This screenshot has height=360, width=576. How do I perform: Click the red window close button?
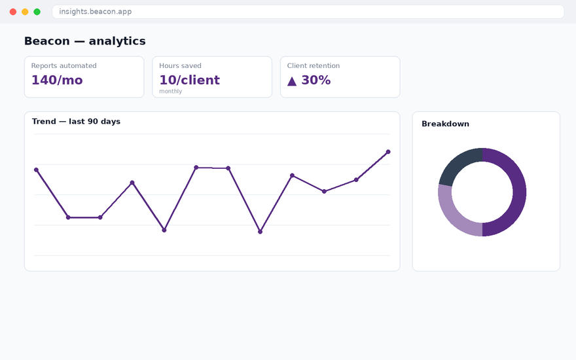(13, 12)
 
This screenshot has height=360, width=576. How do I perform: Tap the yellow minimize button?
(25, 12)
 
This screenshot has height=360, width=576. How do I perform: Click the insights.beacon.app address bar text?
(96, 12)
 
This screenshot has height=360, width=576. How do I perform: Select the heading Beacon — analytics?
(85, 41)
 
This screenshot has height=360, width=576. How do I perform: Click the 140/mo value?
(57, 80)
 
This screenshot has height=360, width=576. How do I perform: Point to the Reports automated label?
(64, 65)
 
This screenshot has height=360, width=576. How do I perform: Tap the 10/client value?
(190, 80)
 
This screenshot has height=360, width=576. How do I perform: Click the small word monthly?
(170, 91)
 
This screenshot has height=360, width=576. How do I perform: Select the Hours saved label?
(180, 65)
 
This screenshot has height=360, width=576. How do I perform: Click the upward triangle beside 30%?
(292, 81)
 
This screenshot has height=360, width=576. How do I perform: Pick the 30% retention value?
(316, 80)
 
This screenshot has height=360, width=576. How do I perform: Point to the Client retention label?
(314, 65)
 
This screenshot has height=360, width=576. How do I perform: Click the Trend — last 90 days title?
(76, 122)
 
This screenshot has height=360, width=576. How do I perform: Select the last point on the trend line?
(388, 152)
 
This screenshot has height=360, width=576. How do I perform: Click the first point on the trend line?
(36, 170)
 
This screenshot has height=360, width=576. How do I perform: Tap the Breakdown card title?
(445, 124)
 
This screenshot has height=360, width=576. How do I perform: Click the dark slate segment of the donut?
(458, 162)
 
